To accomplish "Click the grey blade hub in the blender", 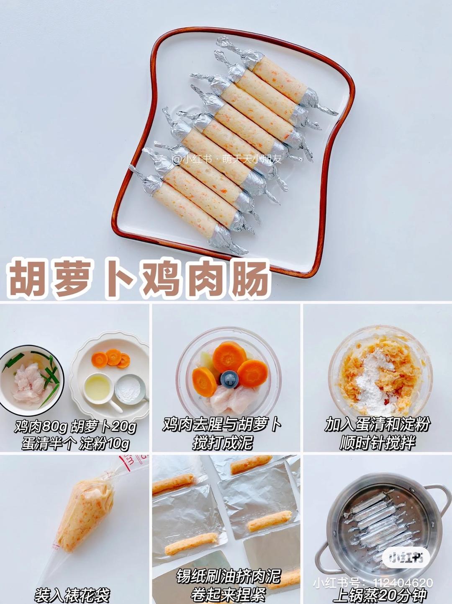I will tap(229, 379).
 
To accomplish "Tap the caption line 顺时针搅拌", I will tap(377, 442).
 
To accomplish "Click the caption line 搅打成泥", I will tap(223, 442).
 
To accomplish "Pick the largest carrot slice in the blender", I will tap(229, 356).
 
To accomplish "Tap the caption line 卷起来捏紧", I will tap(228, 594).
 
